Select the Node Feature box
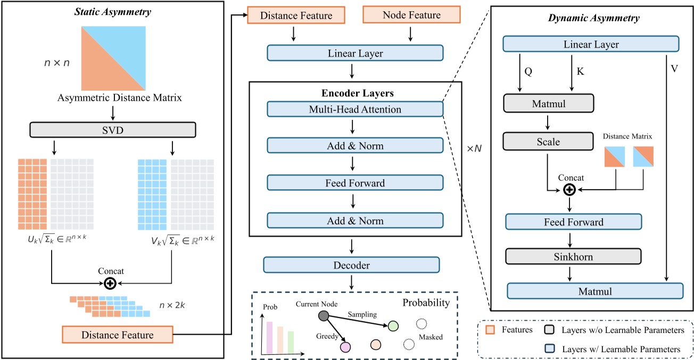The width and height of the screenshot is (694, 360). [x=411, y=15]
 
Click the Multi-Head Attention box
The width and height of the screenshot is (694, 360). [x=354, y=109]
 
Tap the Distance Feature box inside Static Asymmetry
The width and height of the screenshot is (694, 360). [x=117, y=335]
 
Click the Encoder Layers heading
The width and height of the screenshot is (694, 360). [x=355, y=93]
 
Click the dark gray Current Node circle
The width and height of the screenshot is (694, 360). [x=323, y=316]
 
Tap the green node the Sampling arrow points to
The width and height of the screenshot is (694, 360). [x=393, y=326]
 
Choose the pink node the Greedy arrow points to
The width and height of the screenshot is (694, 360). [x=345, y=347]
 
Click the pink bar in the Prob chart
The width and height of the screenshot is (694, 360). [x=269, y=338]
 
